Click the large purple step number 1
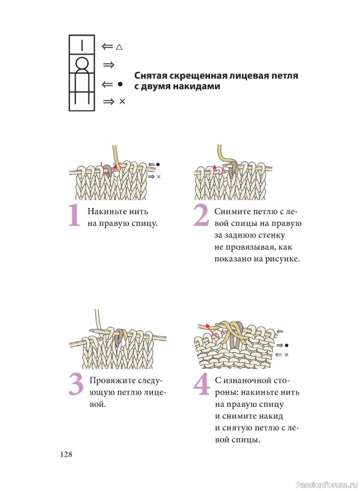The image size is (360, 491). pos(74,215)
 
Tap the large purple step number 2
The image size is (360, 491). pos(201,215)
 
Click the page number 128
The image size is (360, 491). pos(66,454)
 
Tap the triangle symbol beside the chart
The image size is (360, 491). pos(119,47)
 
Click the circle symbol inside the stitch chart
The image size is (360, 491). pos(82,64)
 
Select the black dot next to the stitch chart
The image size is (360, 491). pos(120,84)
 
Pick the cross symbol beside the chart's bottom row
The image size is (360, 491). pos(122,101)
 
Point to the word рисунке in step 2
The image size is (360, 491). pos(283,259)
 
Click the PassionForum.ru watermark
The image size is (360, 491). pos(326,484)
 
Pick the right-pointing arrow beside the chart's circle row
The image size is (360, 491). pos(108,65)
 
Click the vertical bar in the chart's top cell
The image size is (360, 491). pos(82,45)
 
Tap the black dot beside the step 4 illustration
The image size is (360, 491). pos(286,346)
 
